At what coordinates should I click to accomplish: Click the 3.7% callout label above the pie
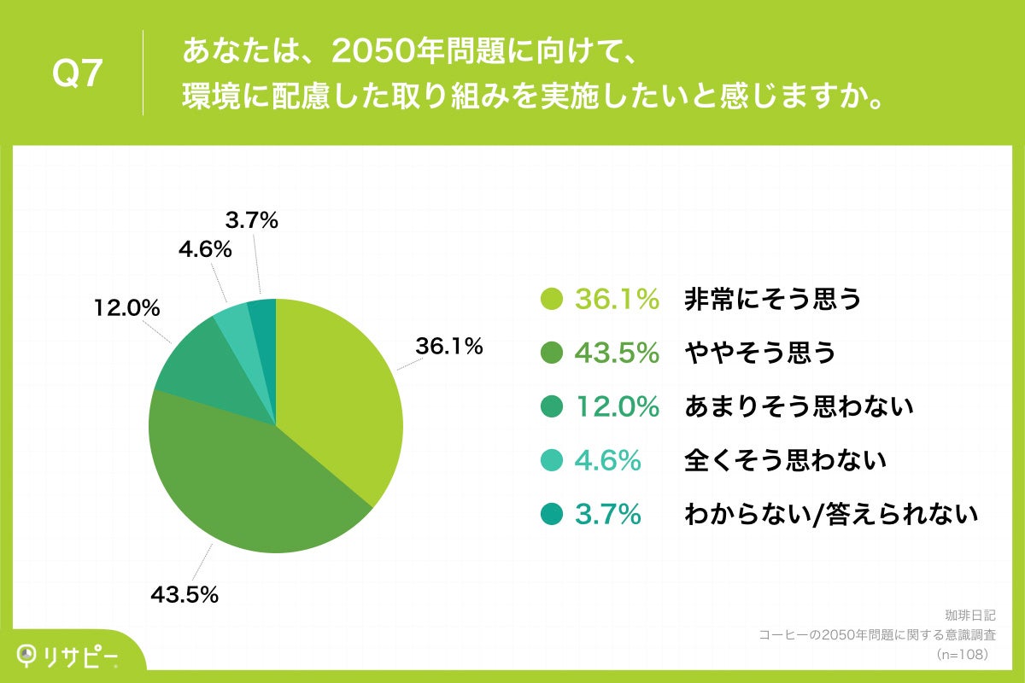(x=252, y=221)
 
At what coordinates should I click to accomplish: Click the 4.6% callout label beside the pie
(x=205, y=250)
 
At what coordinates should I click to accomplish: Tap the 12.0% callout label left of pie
(x=127, y=309)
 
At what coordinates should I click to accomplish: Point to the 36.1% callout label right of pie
(x=449, y=347)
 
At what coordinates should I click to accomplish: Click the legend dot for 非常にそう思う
(x=552, y=300)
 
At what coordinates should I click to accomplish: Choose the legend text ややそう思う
(x=760, y=353)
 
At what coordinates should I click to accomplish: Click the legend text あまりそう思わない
(x=799, y=407)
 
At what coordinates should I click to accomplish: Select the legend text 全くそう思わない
(x=785, y=461)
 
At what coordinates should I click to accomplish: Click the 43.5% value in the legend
(x=617, y=353)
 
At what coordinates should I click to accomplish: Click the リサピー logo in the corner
(x=68, y=656)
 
